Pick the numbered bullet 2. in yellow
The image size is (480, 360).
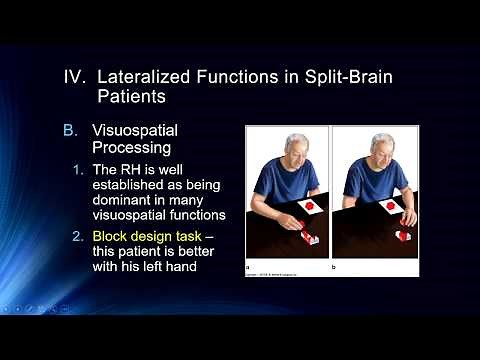coord(107,231)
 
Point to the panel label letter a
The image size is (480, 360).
coord(248,267)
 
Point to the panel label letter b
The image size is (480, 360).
coord(335,267)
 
